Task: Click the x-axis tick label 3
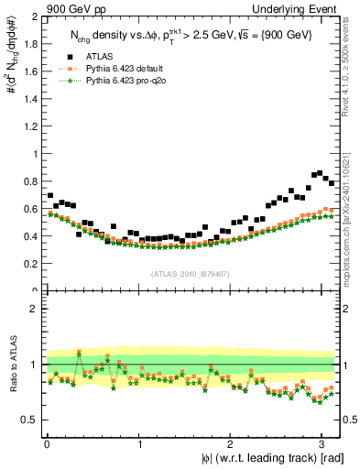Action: (321, 444)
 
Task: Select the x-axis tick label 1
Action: (138, 444)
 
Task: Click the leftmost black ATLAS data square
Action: (49, 196)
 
